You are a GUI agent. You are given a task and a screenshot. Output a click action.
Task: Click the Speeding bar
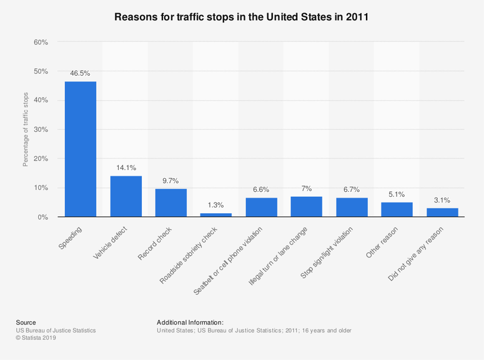click(x=81, y=149)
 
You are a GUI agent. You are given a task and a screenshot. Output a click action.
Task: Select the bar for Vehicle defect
click(x=126, y=196)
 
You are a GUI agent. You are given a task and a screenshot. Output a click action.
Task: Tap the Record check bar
click(x=171, y=202)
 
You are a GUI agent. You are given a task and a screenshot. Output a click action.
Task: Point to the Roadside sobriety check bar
click(x=216, y=215)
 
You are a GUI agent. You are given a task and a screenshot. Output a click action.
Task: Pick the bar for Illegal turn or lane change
click(x=307, y=207)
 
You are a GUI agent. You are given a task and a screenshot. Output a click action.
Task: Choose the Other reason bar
click(x=397, y=209)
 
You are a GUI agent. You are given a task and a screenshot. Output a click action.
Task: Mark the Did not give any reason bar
click(x=442, y=212)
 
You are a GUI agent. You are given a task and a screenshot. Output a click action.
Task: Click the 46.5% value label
click(x=81, y=72)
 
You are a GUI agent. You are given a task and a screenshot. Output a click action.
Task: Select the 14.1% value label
click(x=126, y=167)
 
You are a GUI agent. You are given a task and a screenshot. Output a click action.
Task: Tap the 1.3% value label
click(x=216, y=204)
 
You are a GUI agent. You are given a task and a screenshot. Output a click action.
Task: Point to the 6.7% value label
click(x=352, y=189)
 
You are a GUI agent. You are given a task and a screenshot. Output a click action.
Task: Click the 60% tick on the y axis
click(x=41, y=42)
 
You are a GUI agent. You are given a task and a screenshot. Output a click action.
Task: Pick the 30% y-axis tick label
click(x=41, y=129)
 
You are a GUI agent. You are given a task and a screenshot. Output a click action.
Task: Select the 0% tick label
click(x=42, y=217)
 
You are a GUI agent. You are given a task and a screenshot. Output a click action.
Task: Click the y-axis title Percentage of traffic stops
click(x=26, y=129)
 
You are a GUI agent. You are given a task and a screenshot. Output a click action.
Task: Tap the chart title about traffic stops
click(x=242, y=17)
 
